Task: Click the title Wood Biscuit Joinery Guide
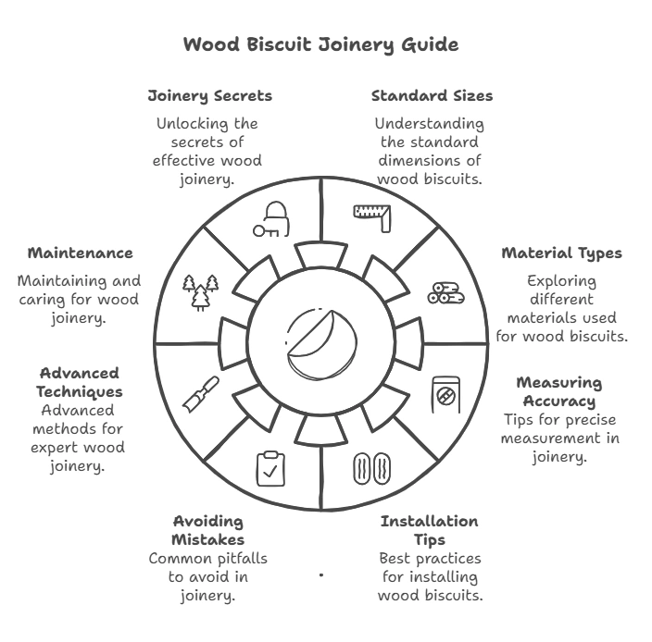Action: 320,44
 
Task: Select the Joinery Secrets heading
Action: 210,95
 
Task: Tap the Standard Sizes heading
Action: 432,95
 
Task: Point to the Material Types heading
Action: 561,253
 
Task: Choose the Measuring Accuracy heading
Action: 558,391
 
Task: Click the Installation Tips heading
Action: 429,530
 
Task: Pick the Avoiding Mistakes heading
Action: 208,530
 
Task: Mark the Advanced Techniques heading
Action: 80,382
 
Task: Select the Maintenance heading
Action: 80,253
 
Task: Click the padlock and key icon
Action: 271,219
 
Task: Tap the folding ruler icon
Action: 372,215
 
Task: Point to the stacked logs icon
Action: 445,292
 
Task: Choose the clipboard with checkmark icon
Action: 270,468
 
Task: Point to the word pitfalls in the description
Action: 231,559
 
